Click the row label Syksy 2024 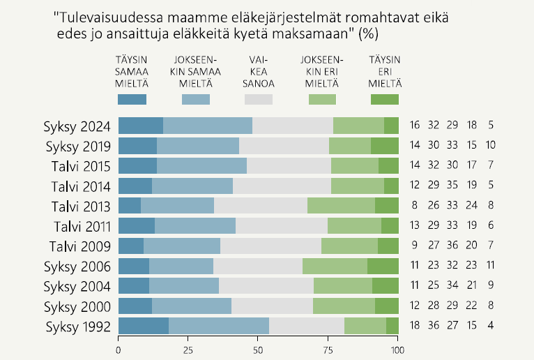pos(77,126)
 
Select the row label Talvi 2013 pos(81,207)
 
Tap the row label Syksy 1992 pos(77,327)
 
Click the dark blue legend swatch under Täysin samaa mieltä pos(132,99)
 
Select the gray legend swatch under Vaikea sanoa pos(258,99)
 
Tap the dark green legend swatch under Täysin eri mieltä pos(384,99)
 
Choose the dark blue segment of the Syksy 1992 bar pos(144,327)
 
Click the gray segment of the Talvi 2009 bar pos(270,246)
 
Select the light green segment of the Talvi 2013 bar pos(341,206)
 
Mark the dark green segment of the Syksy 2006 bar pos(383,267)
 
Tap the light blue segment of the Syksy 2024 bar pos(208,126)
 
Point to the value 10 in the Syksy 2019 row pos(491,146)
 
